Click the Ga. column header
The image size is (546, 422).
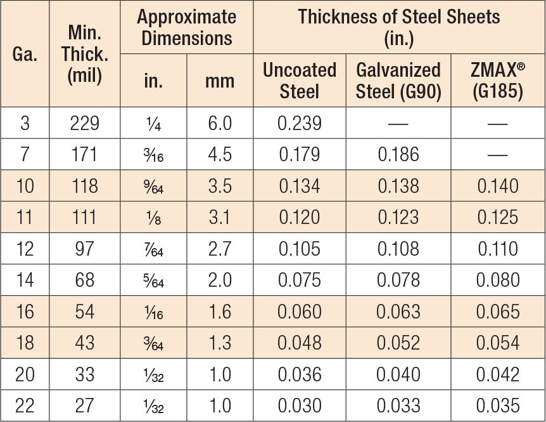[x=25, y=54]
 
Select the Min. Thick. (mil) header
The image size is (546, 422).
[x=85, y=54]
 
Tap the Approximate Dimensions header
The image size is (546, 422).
[x=186, y=27]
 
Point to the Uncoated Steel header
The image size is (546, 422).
[x=299, y=81]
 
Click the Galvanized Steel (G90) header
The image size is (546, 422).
[x=398, y=81]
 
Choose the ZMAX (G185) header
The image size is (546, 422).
[x=497, y=81]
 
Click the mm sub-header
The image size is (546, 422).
[x=220, y=81]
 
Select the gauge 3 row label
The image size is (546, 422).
[x=25, y=123]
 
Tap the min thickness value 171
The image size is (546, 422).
[x=85, y=154]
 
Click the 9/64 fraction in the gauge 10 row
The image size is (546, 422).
[x=153, y=186]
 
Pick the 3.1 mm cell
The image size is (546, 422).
[x=220, y=217]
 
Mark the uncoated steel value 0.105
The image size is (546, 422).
[x=299, y=248]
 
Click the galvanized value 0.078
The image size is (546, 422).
[x=398, y=280]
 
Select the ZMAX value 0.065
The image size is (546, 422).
[x=497, y=312]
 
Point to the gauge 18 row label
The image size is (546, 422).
[x=25, y=343]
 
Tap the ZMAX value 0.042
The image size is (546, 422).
[x=497, y=374]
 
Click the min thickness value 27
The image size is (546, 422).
[x=85, y=406]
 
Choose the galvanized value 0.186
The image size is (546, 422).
[x=398, y=154]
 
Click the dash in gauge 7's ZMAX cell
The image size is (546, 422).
[x=497, y=155]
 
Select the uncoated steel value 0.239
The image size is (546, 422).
[x=299, y=123]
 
